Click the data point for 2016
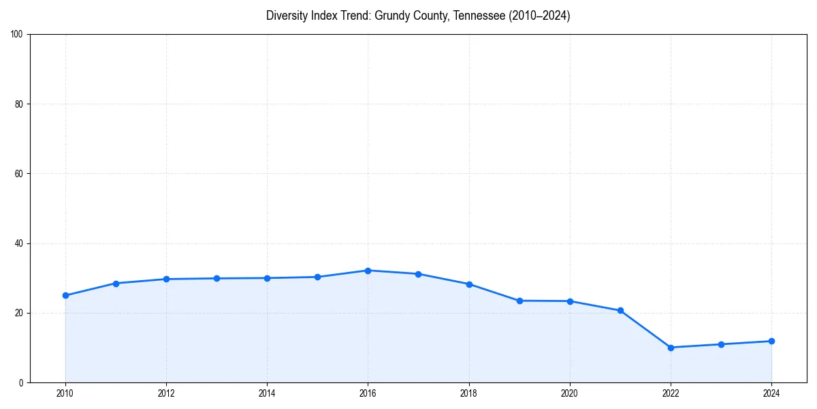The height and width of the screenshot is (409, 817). tap(368, 271)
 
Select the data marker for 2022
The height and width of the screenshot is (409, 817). tap(671, 348)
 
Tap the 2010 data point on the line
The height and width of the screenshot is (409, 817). tap(65, 295)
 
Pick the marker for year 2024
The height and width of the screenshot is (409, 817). tap(771, 341)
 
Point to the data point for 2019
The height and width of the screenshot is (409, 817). tap(519, 301)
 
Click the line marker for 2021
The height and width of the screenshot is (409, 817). tap(620, 310)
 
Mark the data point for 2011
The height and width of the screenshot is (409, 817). tap(116, 283)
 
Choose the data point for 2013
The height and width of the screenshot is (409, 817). tap(217, 278)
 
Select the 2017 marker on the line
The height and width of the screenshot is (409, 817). tap(418, 274)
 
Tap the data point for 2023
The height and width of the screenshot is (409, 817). tap(721, 344)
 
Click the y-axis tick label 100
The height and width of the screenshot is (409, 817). tap(18, 34)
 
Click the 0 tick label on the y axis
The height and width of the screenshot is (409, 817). tap(22, 382)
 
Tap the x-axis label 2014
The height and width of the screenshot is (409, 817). tap(267, 393)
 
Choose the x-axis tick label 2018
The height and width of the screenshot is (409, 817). tap(468, 393)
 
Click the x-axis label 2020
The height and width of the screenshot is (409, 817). tap(570, 393)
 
